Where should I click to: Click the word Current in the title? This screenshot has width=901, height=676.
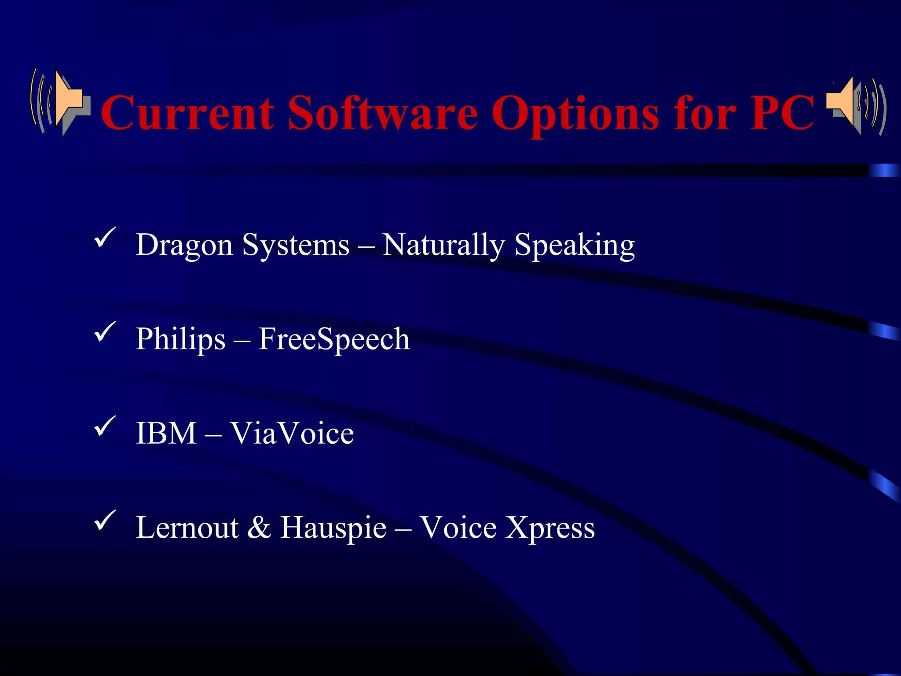[x=187, y=113]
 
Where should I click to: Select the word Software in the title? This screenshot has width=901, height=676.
[x=383, y=113]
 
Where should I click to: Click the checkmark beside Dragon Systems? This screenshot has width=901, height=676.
[x=105, y=238]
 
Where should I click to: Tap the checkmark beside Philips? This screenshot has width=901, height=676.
[x=105, y=332]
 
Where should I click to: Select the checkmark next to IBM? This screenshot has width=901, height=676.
[x=105, y=426]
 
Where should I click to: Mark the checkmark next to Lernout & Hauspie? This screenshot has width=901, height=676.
[x=105, y=520]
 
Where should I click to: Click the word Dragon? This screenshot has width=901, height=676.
[x=184, y=245]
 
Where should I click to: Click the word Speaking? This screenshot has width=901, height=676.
[x=575, y=245]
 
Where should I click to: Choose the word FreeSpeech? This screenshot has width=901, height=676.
[x=333, y=339]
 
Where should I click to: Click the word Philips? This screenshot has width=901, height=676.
[x=180, y=339]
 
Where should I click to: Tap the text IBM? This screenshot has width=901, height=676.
[x=166, y=434]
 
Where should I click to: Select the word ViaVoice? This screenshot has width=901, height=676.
[x=292, y=434]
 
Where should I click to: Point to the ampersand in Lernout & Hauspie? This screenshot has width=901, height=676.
[x=259, y=528]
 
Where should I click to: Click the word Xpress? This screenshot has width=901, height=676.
[x=550, y=528]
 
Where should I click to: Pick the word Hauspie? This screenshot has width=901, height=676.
[x=333, y=528]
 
